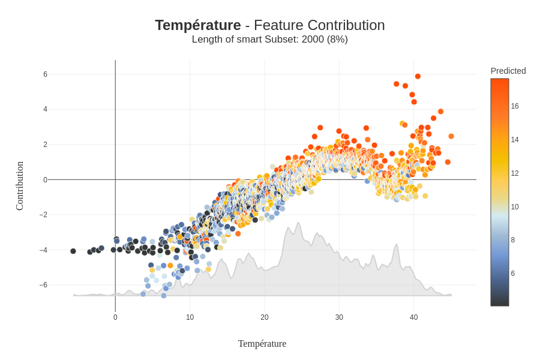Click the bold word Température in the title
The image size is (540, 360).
[197, 25]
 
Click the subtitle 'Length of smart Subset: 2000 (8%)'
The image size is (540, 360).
[269, 40]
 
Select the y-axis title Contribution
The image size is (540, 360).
[20, 186]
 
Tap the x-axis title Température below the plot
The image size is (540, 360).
[262, 344]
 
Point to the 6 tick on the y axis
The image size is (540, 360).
[45, 74]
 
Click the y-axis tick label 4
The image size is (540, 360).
[45, 109]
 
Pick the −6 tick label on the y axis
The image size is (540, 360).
[43, 285]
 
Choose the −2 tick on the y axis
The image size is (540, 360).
[43, 215]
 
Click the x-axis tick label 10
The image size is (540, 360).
[190, 317]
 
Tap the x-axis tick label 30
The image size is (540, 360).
[339, 317]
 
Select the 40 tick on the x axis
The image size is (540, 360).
[413, 317]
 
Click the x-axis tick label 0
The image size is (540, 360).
[115, 317]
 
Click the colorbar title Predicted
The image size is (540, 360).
[508, 71]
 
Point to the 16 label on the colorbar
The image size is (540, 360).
[515, 106]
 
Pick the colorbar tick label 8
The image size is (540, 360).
[513, 240]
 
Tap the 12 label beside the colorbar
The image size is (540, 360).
[515, 173]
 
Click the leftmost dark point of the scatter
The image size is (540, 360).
[73, 251]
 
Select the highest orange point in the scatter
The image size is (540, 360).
[418, 76]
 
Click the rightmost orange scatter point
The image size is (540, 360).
[451, 136]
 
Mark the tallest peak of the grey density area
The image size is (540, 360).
[298, 223]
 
